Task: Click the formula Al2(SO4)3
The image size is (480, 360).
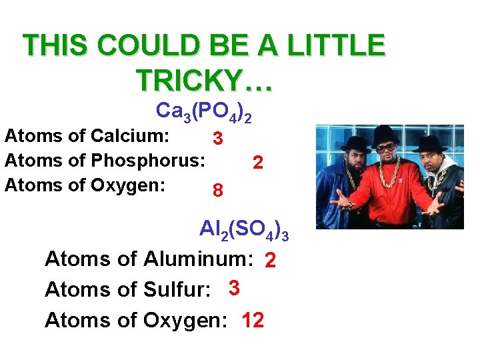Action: pos(244,230)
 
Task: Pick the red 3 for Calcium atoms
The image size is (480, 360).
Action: pos(217,139)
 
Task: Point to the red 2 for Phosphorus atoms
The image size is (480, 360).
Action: pos(258,162)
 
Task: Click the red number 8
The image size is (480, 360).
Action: pos(217,191)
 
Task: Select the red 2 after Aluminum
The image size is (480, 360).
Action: pos(270,261)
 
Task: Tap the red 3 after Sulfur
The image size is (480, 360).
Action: pos(233,288)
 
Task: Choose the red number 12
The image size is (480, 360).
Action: pos(253,321)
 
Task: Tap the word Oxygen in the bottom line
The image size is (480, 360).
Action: pos(179,321)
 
